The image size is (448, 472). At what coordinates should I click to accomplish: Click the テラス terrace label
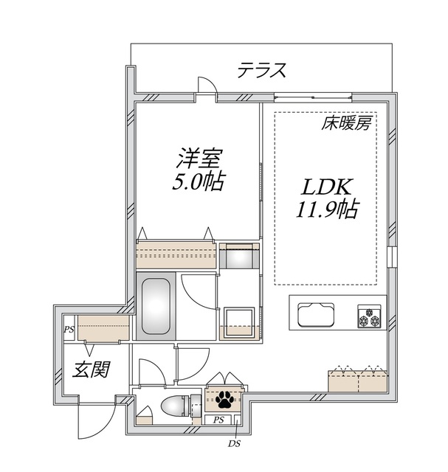[261, 71]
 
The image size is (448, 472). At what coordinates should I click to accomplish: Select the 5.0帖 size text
[199, 181]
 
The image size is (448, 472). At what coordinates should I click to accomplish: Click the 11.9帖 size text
[328, 211]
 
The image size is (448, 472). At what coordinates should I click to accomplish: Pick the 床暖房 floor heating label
[345, 124]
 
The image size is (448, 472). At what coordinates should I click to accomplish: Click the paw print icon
[224, 400]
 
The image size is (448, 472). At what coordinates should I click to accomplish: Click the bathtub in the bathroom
[155, 305]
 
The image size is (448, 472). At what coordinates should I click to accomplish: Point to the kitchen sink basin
[317, 315]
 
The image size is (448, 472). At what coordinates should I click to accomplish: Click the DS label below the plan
[233, 442]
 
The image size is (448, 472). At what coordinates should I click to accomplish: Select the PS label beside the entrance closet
[69, 329]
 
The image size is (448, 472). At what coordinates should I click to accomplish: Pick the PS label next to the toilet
[218, 420]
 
